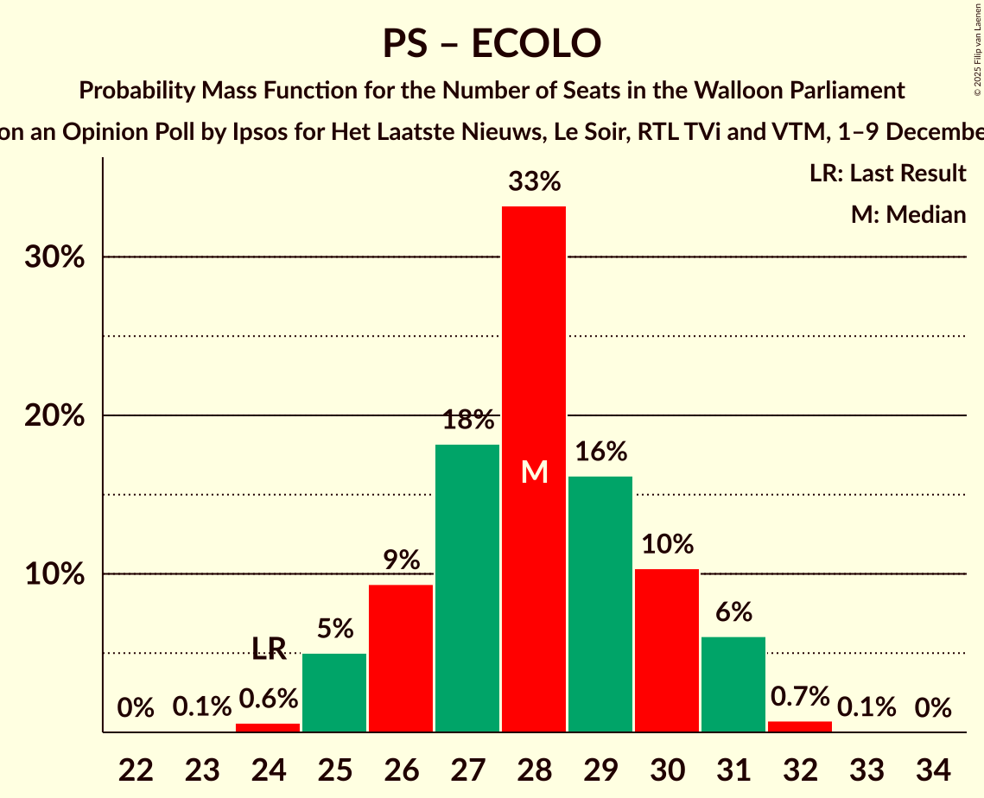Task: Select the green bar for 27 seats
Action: (x=467, y=587)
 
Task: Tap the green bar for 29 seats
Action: (x=600, y=605)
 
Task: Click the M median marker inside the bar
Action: (x=535, y=472)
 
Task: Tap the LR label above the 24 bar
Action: (x=269, y=649)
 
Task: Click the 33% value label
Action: (x=534, y=182)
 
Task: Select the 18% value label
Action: (x=467, y=421)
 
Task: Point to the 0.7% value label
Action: (x=800, y=696)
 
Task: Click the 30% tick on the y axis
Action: (x=54, y=257)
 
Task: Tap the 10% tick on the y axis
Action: (x=54, y=574)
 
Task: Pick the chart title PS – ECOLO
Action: (x=492, y=43)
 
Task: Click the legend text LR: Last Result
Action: (x=887, y=174)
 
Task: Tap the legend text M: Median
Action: (x=908, y=214)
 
